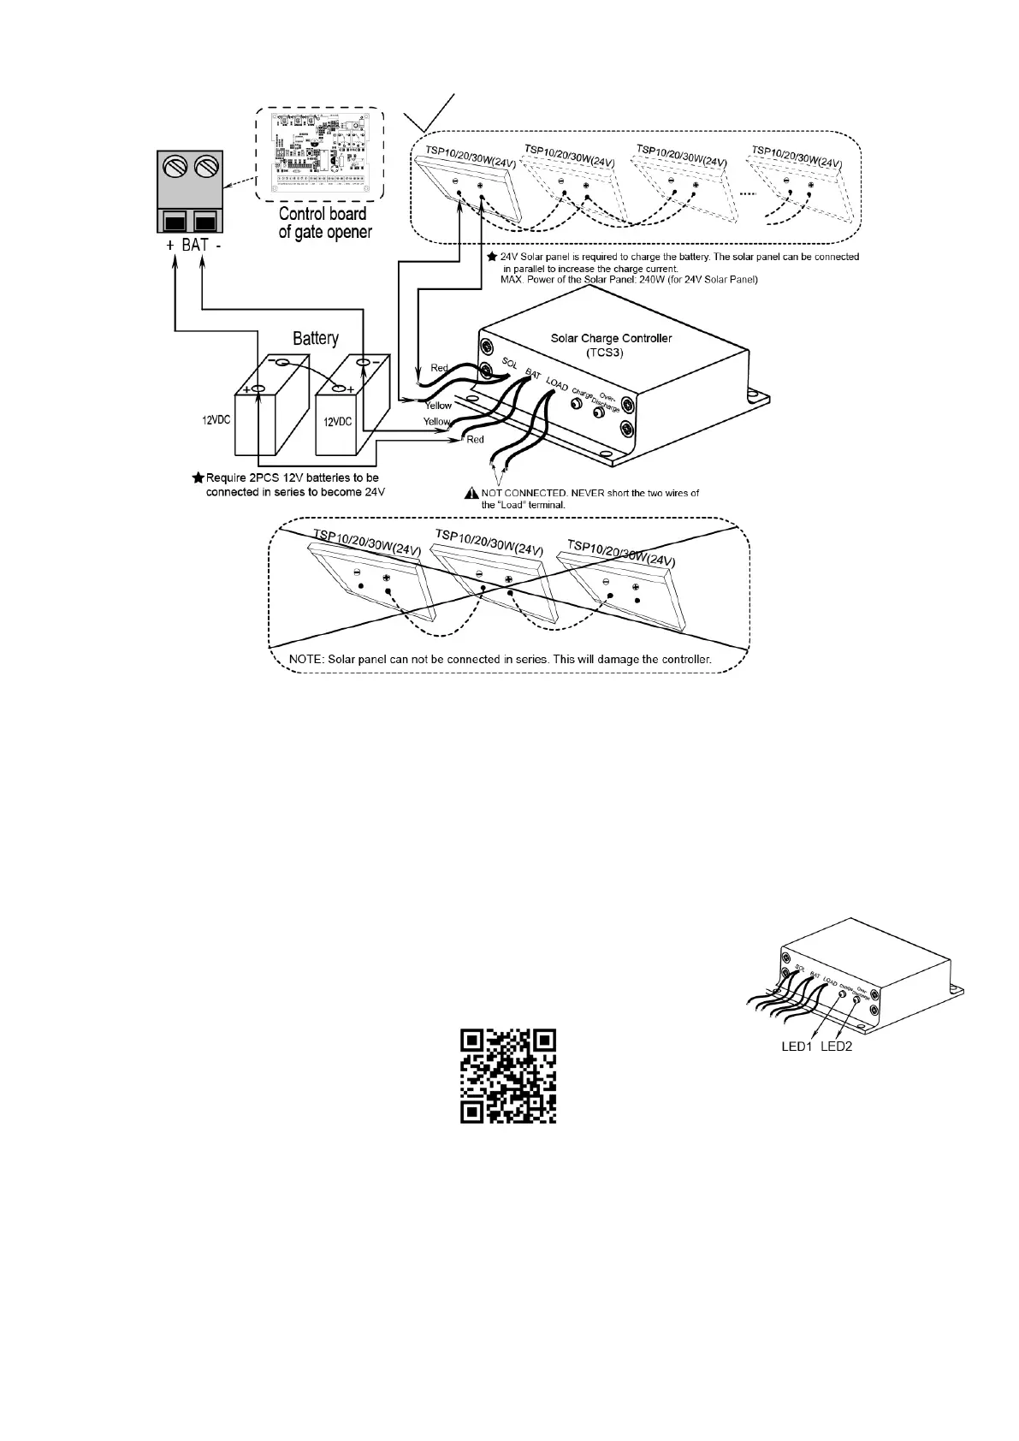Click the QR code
pos(508,1076)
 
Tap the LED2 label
pos(836,1047)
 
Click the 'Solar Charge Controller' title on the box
pos(610,338)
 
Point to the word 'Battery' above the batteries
pos(316,339)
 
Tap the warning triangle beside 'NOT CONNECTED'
pos(471,493)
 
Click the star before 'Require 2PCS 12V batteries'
pos(198,477)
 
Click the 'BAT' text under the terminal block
pos(195,246)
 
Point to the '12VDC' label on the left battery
pos(216,421)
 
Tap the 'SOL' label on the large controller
pos(509,364)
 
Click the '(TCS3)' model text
pos(609,352)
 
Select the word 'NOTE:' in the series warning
pos(308,660)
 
